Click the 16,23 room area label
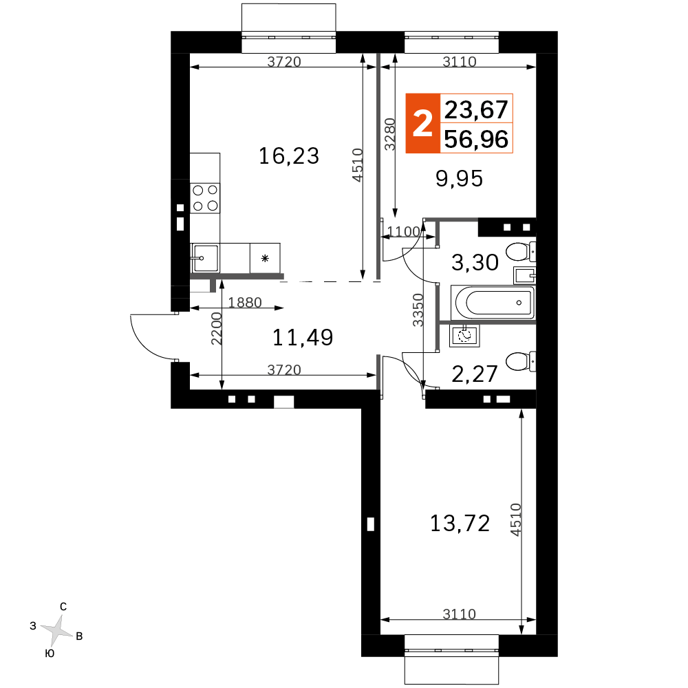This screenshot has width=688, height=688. (x=289, y=156)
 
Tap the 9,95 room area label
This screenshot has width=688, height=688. (x=459, y=179)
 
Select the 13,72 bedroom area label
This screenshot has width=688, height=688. (x=460, y=524)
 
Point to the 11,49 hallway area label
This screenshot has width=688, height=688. (x=303, y=337)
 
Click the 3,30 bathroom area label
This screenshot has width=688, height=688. (x=475, y=262)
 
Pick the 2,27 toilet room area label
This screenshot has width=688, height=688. (x=474, y=374)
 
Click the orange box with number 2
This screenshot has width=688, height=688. (x=422, y=123)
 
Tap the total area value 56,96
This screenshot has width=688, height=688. (x=476, y=139)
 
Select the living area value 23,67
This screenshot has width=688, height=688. (x=476, y=109)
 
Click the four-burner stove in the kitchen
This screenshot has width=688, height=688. (x=205, y=198)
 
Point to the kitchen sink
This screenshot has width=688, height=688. (x=204, y=258)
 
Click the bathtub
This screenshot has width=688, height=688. (x=493, y=302)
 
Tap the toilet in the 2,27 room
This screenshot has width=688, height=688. (x=521, y=361)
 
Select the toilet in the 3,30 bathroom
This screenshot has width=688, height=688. (x=521, y=251)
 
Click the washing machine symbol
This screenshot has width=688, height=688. (x=464, y=336)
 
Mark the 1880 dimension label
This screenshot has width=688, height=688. (x=245, y=302)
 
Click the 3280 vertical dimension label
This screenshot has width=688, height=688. (x=389, y=134)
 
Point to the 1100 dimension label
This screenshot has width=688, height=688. (x=404, y=231)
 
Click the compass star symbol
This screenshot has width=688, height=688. (x=56, y=630)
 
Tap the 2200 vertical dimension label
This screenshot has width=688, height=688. (x=216, y=329)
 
